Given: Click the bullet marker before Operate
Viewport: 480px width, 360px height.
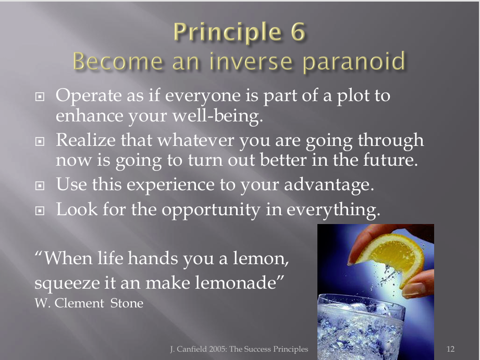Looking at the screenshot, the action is [x=40, y=97].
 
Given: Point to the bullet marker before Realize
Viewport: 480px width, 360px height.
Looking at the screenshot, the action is [x=40, y=141].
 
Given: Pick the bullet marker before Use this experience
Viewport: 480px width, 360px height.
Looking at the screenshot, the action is [x=40, y=186].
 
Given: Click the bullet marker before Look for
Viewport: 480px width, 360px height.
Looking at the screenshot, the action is [x=40, y=210].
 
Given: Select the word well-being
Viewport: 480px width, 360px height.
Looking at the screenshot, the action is [x=218, y=117].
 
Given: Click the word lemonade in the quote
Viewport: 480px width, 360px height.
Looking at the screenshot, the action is [x=239, y=282].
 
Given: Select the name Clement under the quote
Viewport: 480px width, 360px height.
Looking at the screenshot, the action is [x=79, y=303].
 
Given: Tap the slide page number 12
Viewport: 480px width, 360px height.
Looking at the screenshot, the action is [x=451, y=349].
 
